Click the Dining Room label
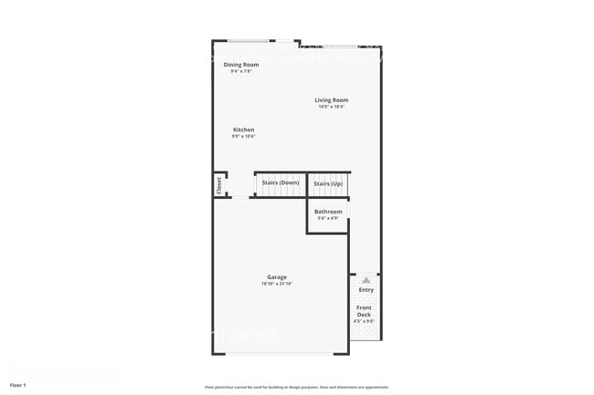pos(241,65)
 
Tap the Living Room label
pos(332,100)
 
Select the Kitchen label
pos(243,130)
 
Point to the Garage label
pos(277,277)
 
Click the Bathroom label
pos(328,212)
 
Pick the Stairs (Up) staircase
pos(328,184)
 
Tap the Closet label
pos(219,184)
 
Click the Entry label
pos(366,290)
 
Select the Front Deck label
pos(364,311)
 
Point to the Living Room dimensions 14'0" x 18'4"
pos(332,108)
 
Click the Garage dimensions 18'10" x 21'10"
pos(277,284)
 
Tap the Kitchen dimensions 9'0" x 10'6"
pos(243,137)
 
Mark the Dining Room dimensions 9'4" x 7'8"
pos(240,71)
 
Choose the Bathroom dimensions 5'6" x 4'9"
pos(328,218)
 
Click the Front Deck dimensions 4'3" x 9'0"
pos(364,321)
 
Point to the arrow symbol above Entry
pos(366,279)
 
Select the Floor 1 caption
pos(18,386)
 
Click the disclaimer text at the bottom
pos(296,387)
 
